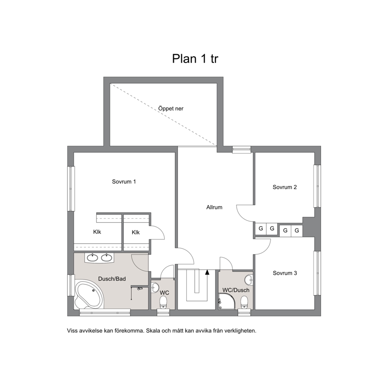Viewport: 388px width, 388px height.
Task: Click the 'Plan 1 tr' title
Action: coord(195,59)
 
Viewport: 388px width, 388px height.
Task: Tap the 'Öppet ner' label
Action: coord(171,109)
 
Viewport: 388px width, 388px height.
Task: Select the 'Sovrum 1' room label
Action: coord(124,181)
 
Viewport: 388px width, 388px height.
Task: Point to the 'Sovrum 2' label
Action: coord(285,187)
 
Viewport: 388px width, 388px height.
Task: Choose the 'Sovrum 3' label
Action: coord(285,273)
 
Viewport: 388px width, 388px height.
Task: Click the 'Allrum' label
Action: coord(214,207)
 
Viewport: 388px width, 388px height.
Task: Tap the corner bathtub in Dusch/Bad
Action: coord(88,294)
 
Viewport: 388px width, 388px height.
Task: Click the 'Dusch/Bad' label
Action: coord(112,279)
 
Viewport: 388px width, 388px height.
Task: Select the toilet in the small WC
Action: coord(163,302)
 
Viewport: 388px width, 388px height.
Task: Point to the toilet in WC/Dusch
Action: coord(244,302)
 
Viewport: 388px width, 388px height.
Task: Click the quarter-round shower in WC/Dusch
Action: coord(226,301)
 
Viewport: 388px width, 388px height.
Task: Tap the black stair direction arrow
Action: coord(207,272)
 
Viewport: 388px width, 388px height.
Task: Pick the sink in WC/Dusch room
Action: coord(249,280)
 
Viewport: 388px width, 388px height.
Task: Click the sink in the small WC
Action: coord(155,287)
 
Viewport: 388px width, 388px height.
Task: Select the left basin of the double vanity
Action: coord(93,258)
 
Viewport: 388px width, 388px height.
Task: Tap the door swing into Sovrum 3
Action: coord(262,246)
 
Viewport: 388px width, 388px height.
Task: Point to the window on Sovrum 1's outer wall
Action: coord(71,189)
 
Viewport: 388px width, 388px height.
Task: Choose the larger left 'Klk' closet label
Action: coord(97,232)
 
